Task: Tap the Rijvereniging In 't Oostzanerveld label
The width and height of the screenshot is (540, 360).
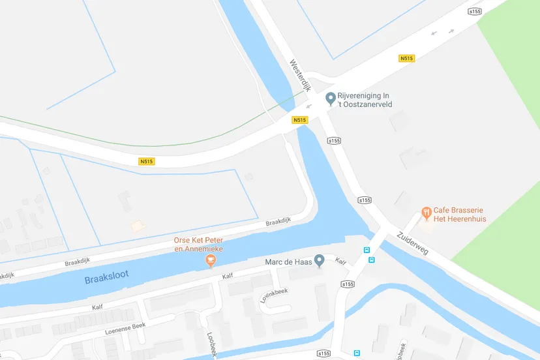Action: (x=369, y=99)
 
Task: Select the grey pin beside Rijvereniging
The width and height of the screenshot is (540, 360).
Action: (x=331, y=98)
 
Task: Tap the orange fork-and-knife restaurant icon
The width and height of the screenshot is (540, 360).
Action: (x=427, y=211)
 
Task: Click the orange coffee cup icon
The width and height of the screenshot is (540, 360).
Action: (x=211, y=261)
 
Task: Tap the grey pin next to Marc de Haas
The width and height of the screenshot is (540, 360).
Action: (x=320, y=261)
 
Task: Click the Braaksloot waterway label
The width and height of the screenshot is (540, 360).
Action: (x=106, y=278)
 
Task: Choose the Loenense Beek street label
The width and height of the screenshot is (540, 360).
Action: (x=126, y=328)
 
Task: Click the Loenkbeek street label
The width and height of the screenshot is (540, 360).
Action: (x=274, y=296)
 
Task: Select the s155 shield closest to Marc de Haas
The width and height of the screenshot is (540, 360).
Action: (x=347, y=284)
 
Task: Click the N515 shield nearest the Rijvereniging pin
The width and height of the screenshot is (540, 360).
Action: (x=300, y=120)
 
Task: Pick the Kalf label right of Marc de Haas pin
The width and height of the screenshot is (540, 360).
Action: (x=340, y=261)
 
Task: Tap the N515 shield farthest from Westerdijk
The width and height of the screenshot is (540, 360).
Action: (x=147, y=162)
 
